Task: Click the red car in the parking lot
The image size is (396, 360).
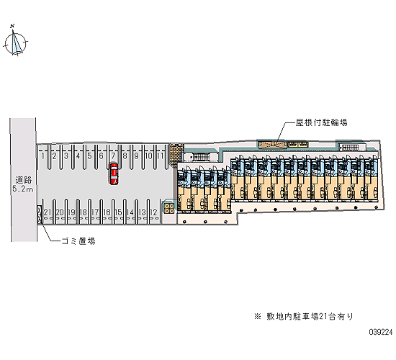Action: click(x=114, y=174)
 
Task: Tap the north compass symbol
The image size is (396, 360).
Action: click(x=16, y=41)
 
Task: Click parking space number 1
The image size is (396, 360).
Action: click(x=43, y=156)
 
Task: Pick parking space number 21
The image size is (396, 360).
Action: click(x=48, y=212)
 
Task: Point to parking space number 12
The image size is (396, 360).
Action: click(x=153, y=212)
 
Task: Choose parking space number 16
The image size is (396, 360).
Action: click(x=107, y=212)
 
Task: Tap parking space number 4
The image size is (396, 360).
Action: click(x=78, y=156)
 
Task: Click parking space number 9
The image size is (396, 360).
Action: click(x=136, y=156)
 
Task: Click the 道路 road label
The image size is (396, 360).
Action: click(x=24, y=180)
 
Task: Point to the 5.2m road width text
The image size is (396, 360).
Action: click(x=23, y=189)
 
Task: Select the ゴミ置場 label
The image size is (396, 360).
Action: click(x=78, y=241)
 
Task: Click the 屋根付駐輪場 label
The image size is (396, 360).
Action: click(x=322, y=122)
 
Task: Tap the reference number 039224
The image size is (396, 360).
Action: click(x=381, y=332)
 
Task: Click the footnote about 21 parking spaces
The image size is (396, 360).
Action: click(x=304, y=316)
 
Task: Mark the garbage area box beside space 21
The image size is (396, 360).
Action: click(x=39, y=215)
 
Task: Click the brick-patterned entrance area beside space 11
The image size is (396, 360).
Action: click(x=176, y=155)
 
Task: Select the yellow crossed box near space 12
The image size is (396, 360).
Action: click(x=169, y=208)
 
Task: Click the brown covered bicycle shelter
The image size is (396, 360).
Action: click(x=273, y=145)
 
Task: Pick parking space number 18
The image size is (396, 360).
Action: click(x=83, y=212)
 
